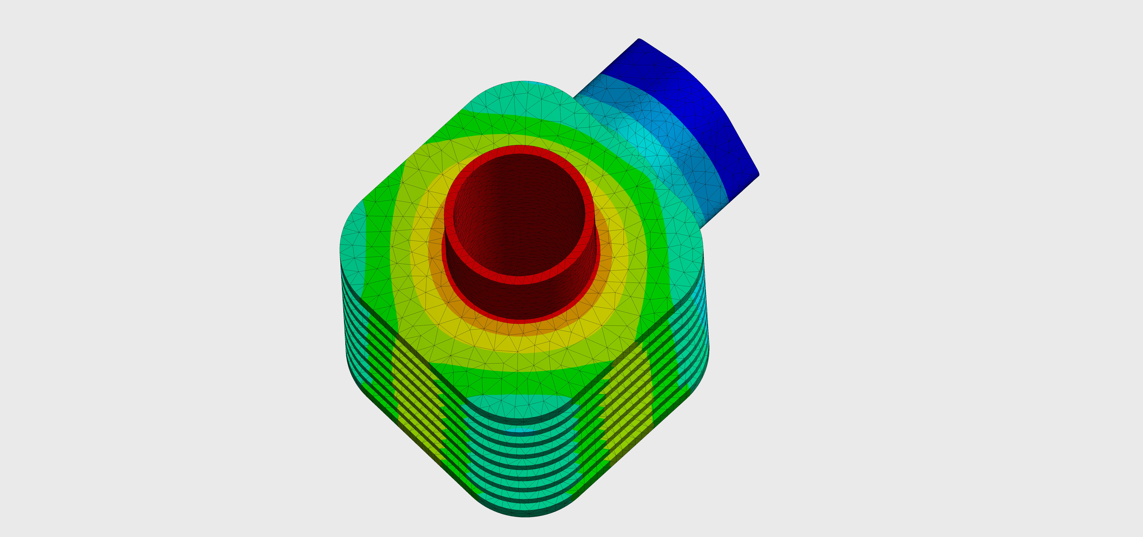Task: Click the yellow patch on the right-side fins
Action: pyautogui.click(x=630, y=390)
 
